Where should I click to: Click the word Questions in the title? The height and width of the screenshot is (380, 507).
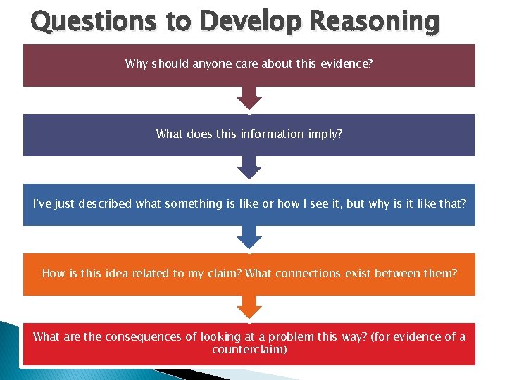coord(92,21)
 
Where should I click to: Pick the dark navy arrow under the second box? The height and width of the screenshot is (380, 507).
coord(249,167)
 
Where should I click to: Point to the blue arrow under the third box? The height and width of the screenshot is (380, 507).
coord(249,237)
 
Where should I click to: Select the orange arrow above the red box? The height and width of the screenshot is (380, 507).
coord(249,307)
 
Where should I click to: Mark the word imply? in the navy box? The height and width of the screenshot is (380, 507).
coord(326,134)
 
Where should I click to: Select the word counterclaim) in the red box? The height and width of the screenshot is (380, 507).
coord(249,349)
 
